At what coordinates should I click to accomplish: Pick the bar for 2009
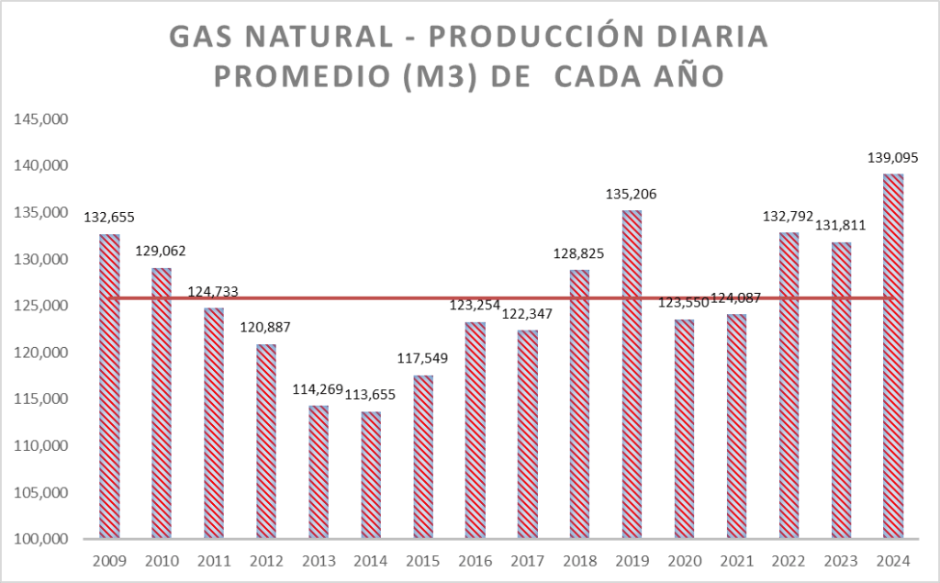tap(109, 386)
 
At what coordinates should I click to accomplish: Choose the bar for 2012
tap(266, 441)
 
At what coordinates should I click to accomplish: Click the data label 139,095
tap(893, 158)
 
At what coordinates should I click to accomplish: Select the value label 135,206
tap(632, 195)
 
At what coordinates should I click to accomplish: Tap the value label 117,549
tap(423, 358)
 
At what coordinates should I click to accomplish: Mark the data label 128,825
tap(579, 253)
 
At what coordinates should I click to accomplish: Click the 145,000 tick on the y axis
tap(38, 119)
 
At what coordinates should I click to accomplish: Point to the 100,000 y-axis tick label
tap(38, 539)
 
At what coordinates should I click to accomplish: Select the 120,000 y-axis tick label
tap(38, 353)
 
